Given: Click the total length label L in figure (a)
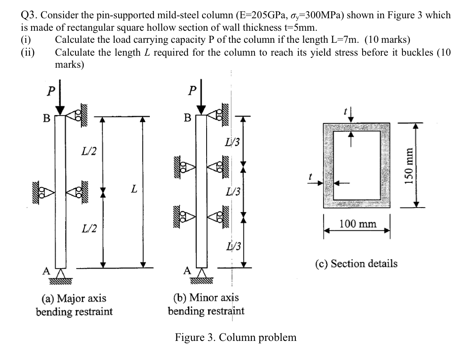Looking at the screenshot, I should [133, 190].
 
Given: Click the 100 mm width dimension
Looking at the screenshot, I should [358, 225].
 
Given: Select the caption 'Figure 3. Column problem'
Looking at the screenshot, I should [235, 337].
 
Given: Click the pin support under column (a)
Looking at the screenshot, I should [60, 276].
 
